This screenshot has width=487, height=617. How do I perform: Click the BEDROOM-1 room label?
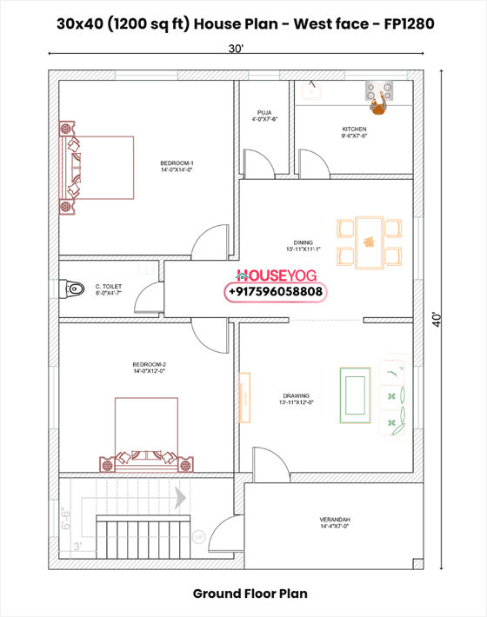(177, 166)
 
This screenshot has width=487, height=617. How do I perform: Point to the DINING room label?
(302, 245)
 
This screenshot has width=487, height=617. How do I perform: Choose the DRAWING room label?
(296, 399)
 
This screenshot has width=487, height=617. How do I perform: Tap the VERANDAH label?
(334, 522)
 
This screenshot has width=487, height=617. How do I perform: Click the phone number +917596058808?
(276, 293)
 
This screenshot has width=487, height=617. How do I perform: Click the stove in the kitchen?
(378, 87)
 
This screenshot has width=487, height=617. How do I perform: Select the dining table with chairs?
(370, 242)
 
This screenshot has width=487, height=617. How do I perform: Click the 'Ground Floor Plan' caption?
(250, 594)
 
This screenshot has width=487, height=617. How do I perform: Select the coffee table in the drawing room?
(354, 393)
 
